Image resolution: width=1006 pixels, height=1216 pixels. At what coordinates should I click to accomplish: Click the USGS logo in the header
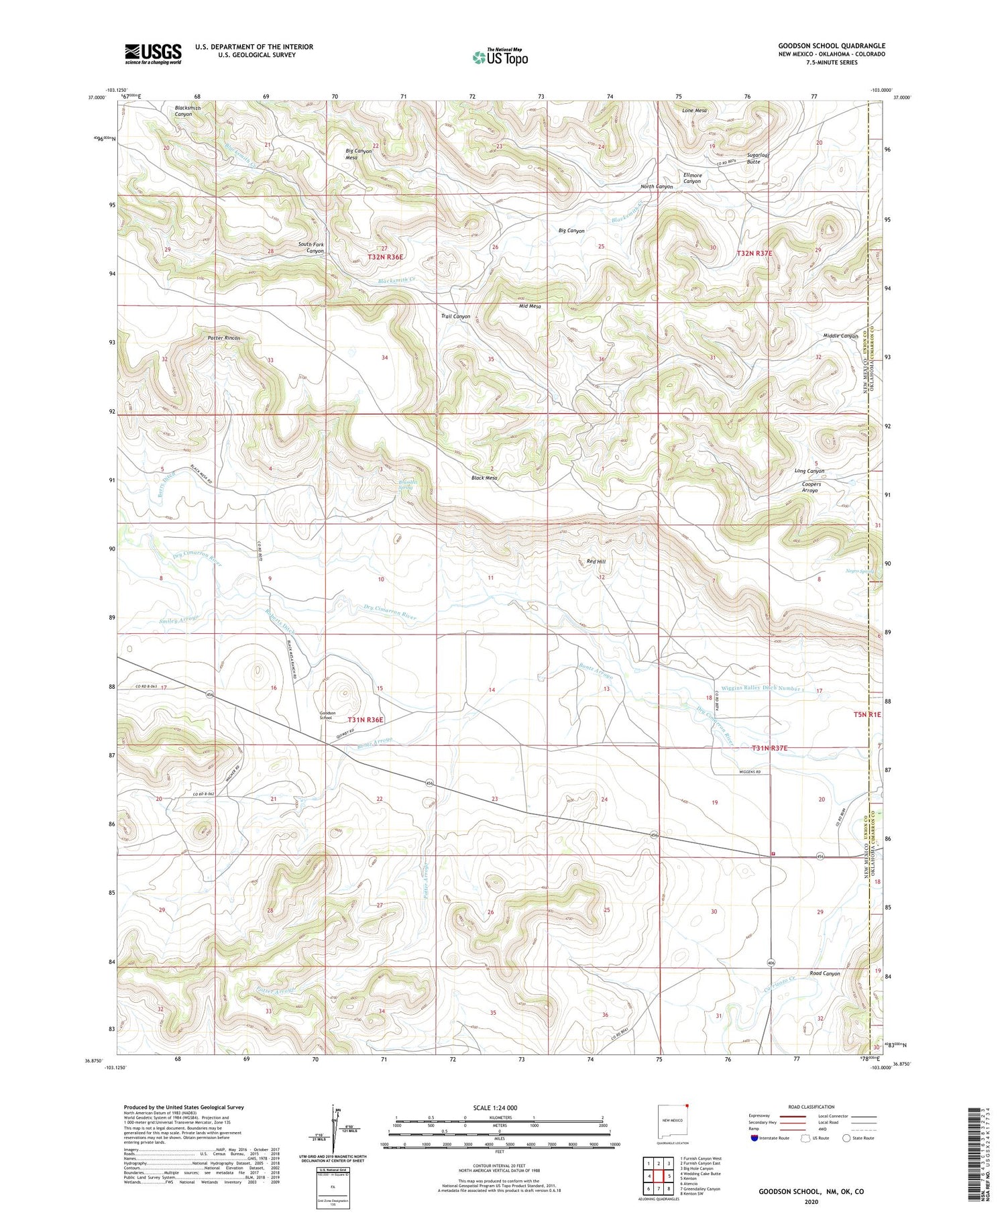(x=153, y=54)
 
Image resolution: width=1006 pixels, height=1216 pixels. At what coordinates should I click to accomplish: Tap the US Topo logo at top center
(x=500, y=57)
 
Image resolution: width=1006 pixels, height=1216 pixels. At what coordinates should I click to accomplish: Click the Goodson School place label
(x=325, y=716)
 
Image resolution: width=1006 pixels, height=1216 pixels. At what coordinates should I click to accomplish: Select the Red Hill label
(x=596, y=561)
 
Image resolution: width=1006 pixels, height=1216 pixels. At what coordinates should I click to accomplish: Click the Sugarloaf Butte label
(x=758, y=158)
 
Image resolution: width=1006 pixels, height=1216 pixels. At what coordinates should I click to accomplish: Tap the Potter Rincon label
(x=223, y=338)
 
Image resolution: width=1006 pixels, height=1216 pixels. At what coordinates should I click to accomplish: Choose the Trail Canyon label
(x=455, y=317)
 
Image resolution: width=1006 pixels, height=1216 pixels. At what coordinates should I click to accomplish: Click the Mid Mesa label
(x=530, y=307)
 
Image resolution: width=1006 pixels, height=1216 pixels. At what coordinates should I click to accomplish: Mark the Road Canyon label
(x=824, y=973)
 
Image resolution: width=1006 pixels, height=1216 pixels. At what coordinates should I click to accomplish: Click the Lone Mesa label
(x=694, y=111)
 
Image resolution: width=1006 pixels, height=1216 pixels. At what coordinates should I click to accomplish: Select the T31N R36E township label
(x=366, y=720)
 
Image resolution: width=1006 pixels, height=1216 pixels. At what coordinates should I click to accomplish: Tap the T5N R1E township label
(x=867, y=715)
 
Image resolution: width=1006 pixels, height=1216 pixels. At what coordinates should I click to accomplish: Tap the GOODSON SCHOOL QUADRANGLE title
(x=831, y=46)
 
